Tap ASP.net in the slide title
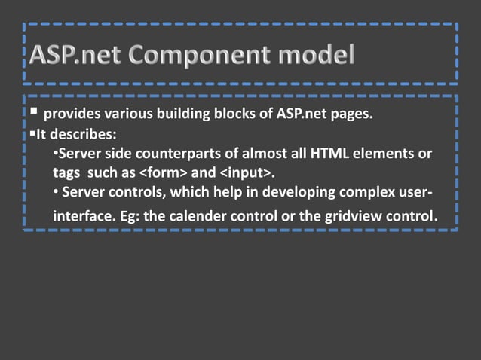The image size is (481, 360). pyautogui.click(x=74, y=56)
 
